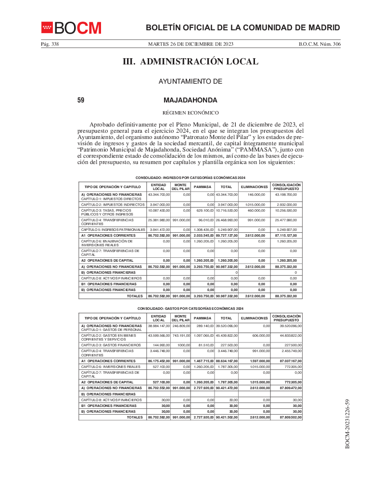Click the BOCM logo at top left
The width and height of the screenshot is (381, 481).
[71, 28]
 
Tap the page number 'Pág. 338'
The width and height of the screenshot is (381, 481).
[50, 44]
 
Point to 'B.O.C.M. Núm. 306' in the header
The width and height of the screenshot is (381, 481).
[319, 44]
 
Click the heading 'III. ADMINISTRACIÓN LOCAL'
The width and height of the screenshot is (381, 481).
[190, 62]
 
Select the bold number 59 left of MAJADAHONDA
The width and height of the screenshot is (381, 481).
[81, 100]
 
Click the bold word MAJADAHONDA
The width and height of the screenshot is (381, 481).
[190, 100]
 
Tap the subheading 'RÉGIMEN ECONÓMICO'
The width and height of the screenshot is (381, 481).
[190, 113]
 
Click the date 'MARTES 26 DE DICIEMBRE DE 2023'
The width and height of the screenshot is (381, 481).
[190, 44]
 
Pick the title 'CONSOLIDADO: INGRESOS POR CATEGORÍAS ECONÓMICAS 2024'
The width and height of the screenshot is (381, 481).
[190, 178]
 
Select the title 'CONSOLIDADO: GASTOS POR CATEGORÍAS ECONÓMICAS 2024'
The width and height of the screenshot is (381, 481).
[190, 308]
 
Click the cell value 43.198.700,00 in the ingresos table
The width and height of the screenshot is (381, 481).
[286, 195]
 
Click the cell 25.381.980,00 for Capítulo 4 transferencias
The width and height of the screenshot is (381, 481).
[159, 220]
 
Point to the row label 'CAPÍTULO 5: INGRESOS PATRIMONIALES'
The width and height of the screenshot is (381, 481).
[113, 229]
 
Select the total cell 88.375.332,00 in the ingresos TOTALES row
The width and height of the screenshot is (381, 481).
[286, 296]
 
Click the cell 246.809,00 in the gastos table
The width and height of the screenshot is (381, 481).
[181, 326]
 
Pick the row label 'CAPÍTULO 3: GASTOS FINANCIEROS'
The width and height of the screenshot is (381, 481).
[111, 345]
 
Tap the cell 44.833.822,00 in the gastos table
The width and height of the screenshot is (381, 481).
[286, 335]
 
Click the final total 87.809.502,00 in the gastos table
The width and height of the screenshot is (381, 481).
[286, 418]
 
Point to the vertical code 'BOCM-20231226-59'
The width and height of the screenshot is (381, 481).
[347, 424]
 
